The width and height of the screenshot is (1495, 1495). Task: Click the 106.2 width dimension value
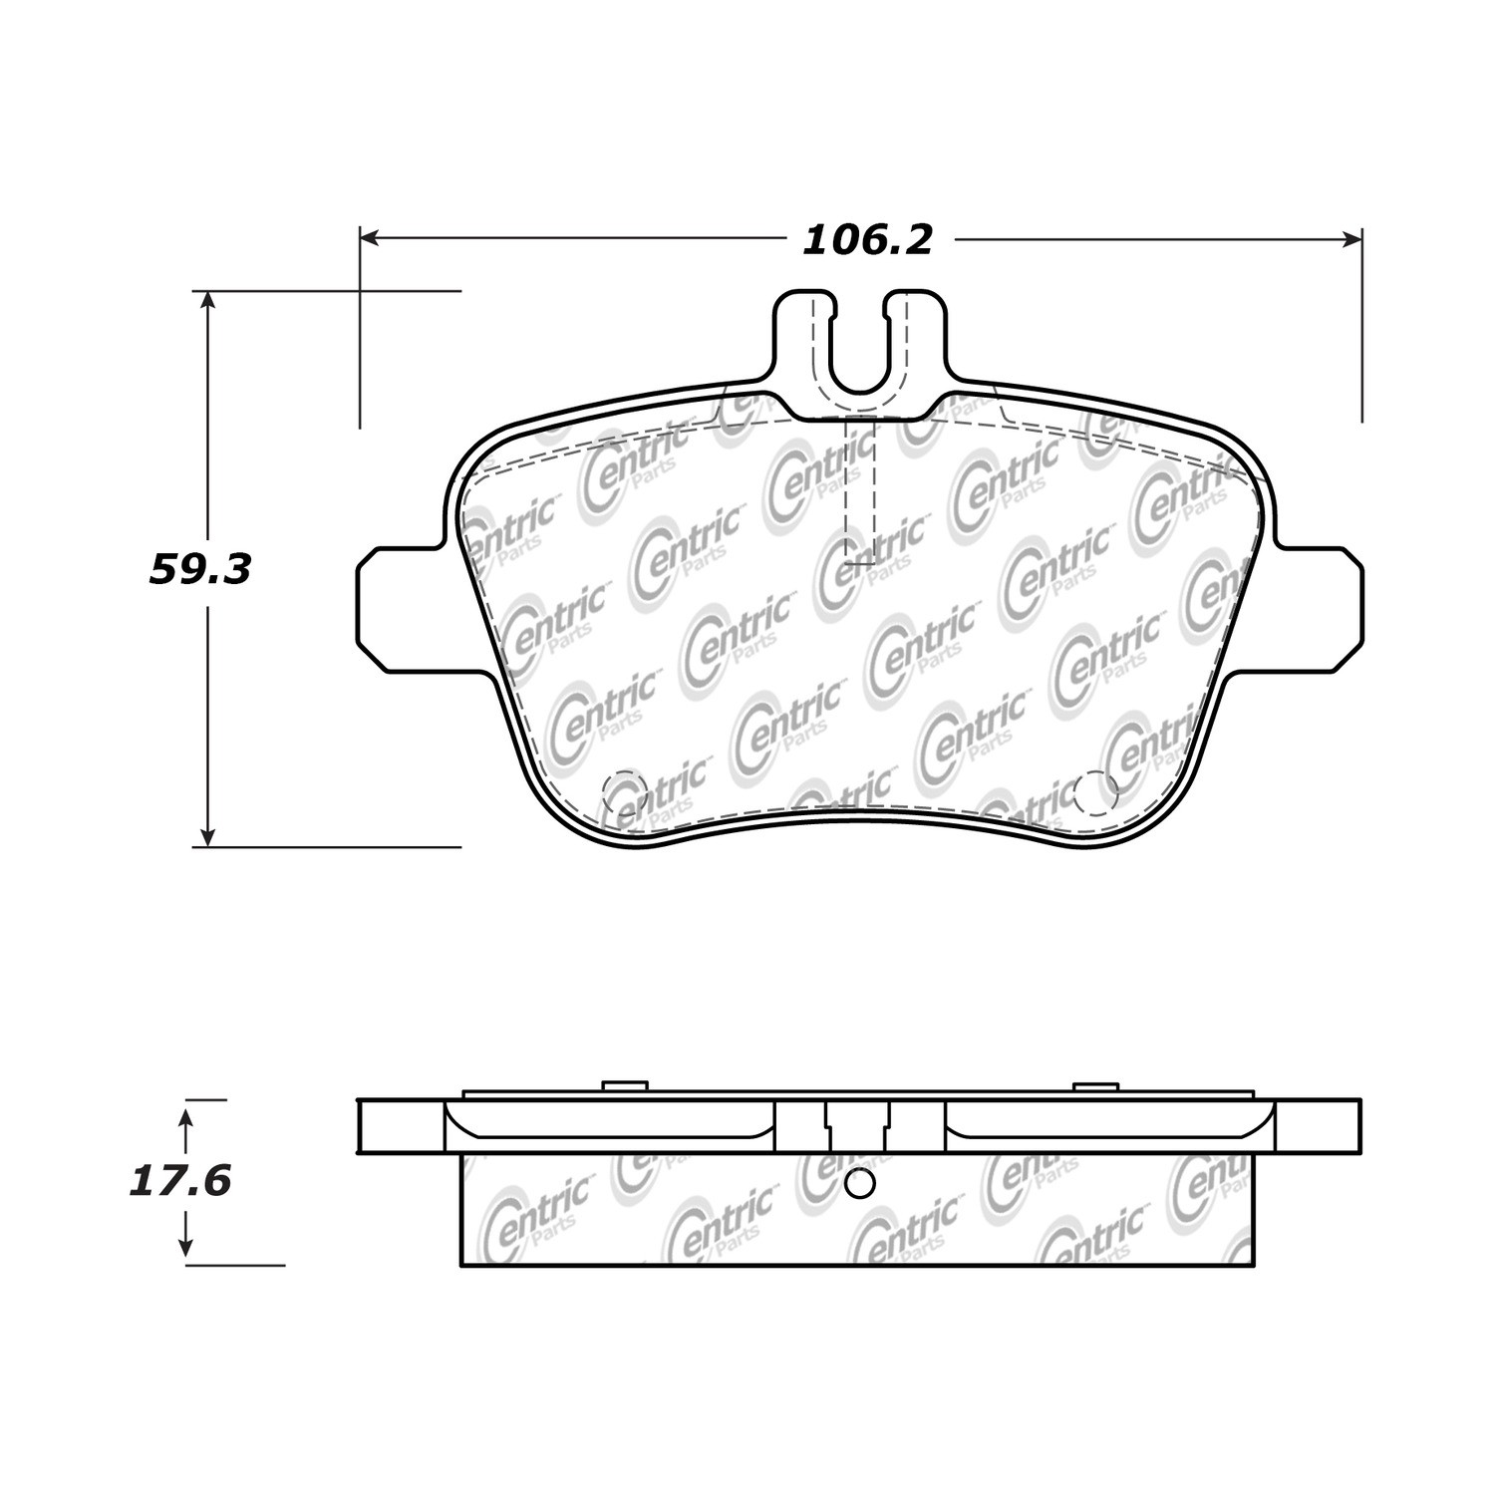pos(867,240)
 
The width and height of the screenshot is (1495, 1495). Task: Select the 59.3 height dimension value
pos(200,570)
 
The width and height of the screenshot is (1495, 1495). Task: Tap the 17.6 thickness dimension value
pos(180,1182)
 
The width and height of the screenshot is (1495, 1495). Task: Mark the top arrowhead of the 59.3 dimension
pos(207,302)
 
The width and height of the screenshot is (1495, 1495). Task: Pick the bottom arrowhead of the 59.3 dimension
pos(207,835)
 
